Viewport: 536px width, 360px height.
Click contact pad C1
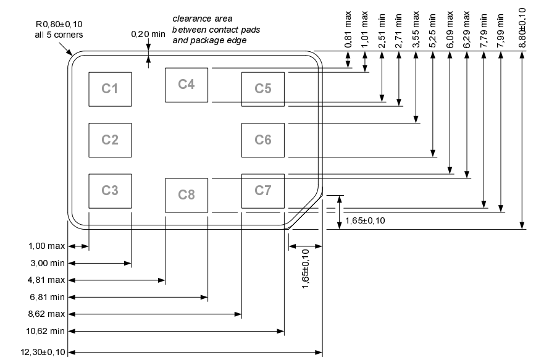pos(110,90)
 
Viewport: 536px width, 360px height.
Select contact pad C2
pos(110,140)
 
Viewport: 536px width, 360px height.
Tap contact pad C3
pos(110,191)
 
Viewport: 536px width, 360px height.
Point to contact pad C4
pos(186,85)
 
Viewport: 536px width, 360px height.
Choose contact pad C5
pos(263,90)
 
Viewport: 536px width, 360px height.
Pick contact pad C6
pos(263,140)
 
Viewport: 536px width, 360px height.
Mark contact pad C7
pos(263,191)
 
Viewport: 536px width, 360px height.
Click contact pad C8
pos(186,195)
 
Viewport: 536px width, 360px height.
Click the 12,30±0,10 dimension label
pos(43,352)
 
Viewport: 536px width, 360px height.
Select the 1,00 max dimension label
pos(46,246)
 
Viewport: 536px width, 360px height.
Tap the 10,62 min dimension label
pos(46,331)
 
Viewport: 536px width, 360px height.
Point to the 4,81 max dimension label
pos(46,280)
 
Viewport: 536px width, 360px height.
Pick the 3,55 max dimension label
pos(416,30)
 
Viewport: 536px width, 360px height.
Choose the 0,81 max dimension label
pos(348,30)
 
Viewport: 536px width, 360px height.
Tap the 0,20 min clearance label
pos(148,34)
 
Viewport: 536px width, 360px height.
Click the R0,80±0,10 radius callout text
pos(59,24)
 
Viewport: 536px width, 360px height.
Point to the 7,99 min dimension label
pos(501,31)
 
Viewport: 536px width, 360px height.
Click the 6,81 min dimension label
pos(47,297)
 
